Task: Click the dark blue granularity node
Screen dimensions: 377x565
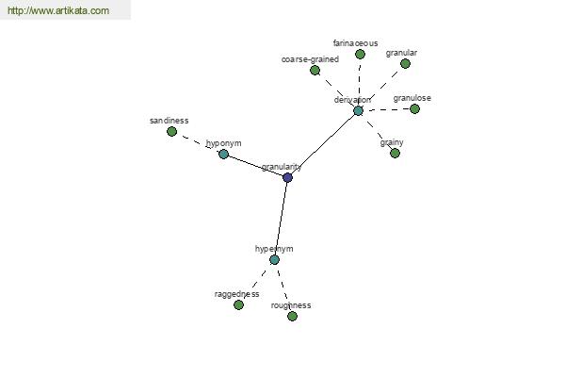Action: tap(287, 177)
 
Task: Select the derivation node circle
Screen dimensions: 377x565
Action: tap(358, 110)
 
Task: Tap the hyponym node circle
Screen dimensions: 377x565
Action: tap(223, 154)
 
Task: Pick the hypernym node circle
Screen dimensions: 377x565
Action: tap(274, 259)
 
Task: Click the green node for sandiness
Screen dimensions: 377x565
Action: tap(171, 131)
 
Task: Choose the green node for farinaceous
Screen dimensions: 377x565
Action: tap(360, 54)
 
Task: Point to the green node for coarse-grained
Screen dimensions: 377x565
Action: tap(315, 70)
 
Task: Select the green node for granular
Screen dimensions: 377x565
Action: tap(405, 63)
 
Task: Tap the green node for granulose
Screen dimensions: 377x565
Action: tap(414, 108)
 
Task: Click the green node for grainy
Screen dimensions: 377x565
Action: tap(395, 153)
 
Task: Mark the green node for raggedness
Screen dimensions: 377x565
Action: tap(238, 304)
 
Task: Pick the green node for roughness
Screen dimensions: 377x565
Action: tap(292, 316)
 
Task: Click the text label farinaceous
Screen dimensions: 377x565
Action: tap(356, 42)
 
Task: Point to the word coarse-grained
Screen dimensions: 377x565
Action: tap(310, 58)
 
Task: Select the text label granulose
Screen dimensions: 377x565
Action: tap(412, 97)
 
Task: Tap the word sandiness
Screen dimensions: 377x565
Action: tap(169, 121)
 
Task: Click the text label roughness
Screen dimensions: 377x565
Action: tap(291, 305)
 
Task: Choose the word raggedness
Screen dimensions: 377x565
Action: tap(236, 294)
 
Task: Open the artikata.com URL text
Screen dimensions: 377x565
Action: tap(58, 11)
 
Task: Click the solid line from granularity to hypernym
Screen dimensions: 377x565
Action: tap(281, 219)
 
